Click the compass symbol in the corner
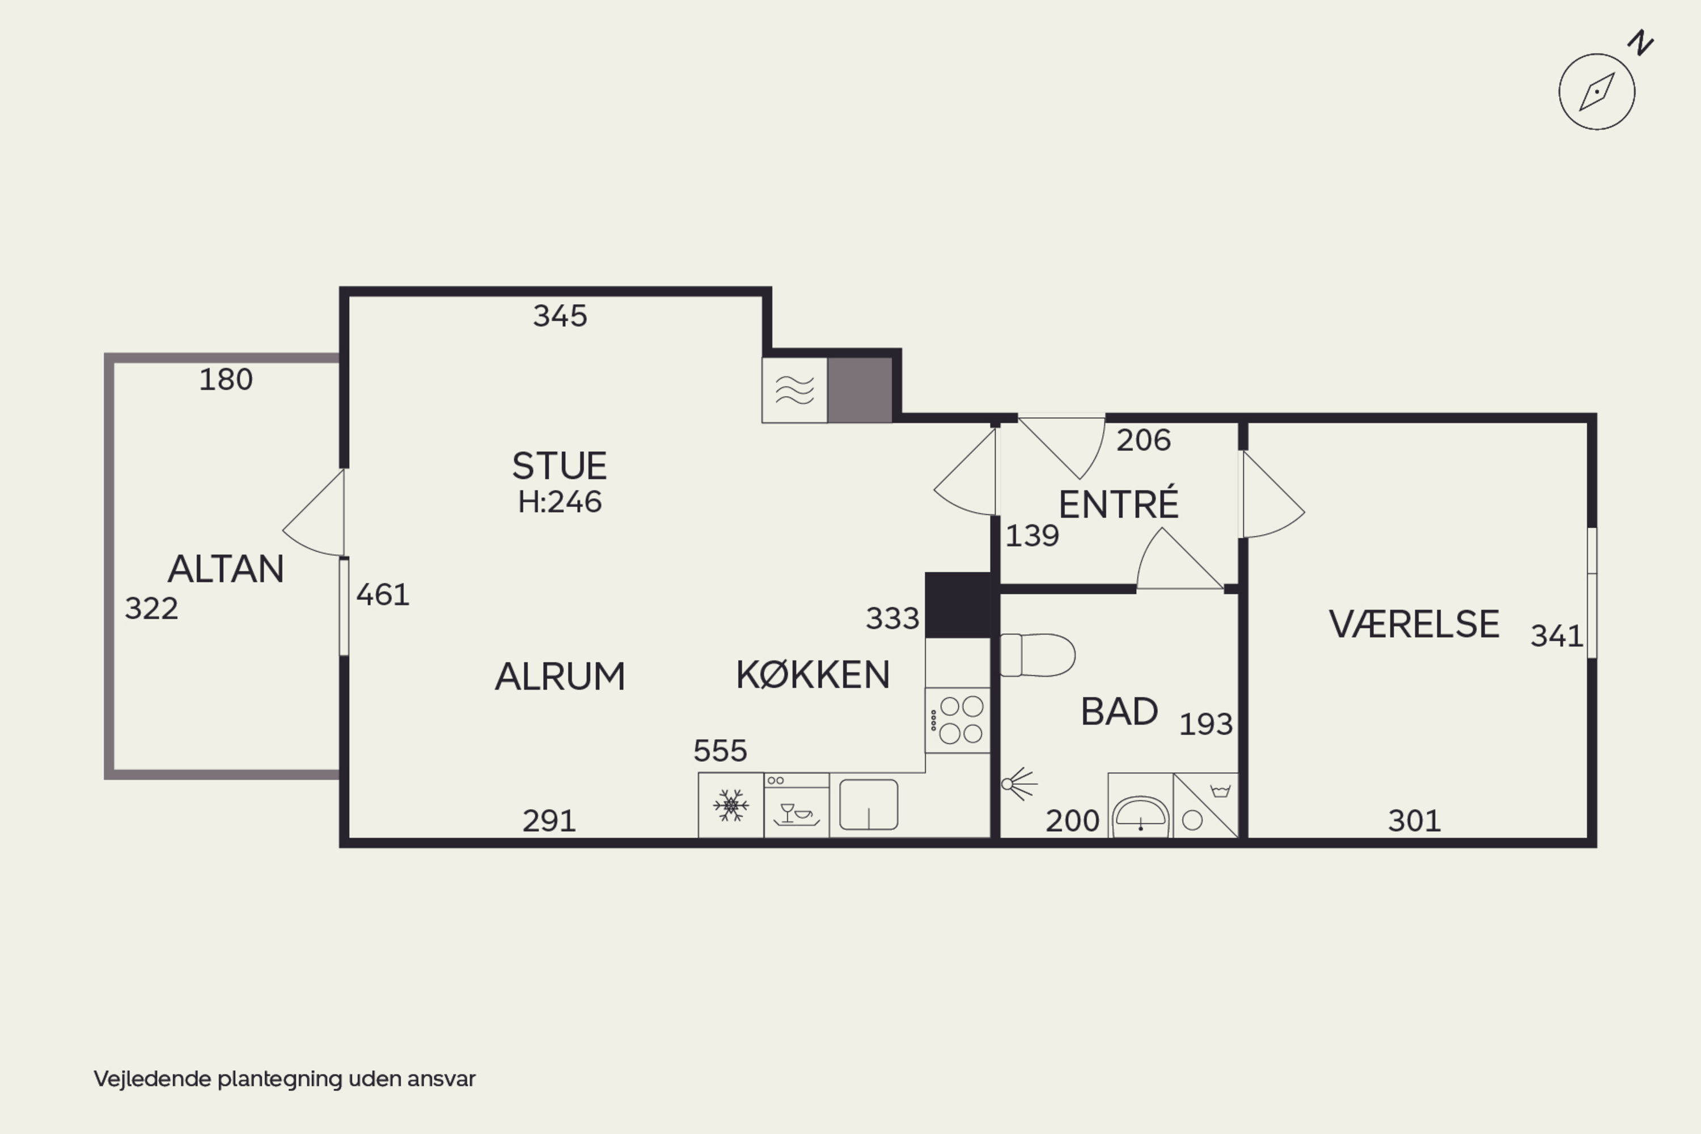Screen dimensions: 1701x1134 (1597, 91)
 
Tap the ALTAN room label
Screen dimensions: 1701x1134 (226, 569)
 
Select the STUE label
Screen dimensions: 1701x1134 (559, 466)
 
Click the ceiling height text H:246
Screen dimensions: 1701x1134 (559, 502)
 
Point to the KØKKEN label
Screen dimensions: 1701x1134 (813, 675)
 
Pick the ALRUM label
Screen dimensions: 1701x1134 (560, 677)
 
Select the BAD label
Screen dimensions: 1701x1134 (1119, 712)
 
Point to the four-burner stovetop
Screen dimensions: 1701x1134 (958, 720)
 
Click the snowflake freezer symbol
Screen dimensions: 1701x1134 (731, 805)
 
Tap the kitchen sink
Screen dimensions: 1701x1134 (868, 804)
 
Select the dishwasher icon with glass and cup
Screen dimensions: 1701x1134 (796, 806)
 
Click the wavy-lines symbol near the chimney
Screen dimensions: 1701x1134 (795, 390)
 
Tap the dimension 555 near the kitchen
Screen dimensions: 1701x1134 (720, 751)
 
